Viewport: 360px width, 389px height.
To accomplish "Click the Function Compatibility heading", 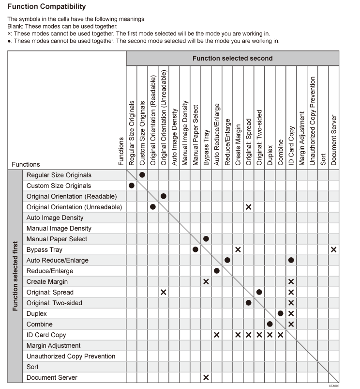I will click(x=46, y=7).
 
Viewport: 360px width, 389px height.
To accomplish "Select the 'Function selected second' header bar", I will click(x=232, y=58).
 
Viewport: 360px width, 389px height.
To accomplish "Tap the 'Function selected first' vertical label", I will click(x=15, y=276).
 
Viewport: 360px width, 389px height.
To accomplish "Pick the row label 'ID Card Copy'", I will click(x=46, y=335).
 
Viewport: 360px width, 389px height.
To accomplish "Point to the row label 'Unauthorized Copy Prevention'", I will click(x=71, y=356).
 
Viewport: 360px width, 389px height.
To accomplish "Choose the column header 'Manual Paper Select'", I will click(x=195, y=135).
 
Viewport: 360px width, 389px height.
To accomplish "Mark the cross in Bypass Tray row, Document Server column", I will click(x=334, y=249).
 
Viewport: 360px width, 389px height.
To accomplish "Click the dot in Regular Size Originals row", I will click(x=142, y=175).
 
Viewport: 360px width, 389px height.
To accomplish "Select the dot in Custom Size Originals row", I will click(x=132, y=186).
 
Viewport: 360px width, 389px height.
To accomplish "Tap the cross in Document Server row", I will click(x=206, y=377).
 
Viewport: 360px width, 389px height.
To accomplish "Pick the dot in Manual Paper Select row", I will click(x=206, y=239).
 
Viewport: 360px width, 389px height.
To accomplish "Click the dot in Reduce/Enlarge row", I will click(x=217, y=271).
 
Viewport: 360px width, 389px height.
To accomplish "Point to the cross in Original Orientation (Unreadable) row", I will click(x=249, y=207).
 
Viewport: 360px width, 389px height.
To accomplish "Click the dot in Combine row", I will click(x=270, y=324).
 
